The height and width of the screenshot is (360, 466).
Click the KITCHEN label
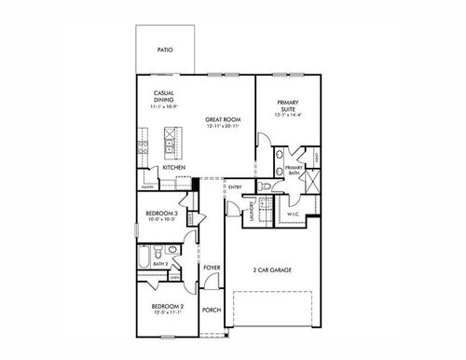pos(173,168)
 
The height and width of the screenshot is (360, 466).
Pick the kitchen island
pos(171,141)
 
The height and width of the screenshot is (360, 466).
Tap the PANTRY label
pos(147,186)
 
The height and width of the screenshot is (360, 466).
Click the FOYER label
pos(212,269)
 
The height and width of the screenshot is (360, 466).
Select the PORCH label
pos(212,309)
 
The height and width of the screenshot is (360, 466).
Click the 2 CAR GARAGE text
pos(273,270)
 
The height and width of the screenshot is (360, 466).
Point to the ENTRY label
pos(235,187)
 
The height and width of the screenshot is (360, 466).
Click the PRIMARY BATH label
pos(294,170)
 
